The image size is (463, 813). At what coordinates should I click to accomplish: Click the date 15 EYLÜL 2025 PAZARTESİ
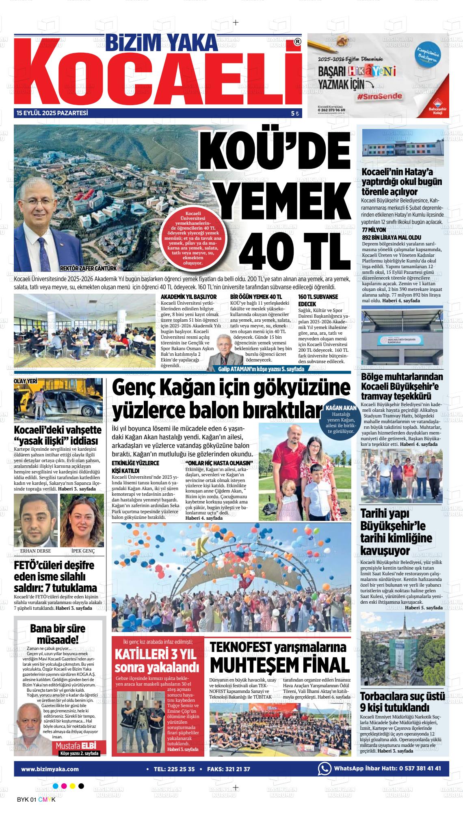pos(52,113)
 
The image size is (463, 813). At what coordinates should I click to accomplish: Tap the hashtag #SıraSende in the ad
pos(380,97)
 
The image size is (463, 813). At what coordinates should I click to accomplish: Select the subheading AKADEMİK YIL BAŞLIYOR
pos(188,297)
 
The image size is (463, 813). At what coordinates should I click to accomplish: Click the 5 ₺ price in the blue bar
pos(294,114)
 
